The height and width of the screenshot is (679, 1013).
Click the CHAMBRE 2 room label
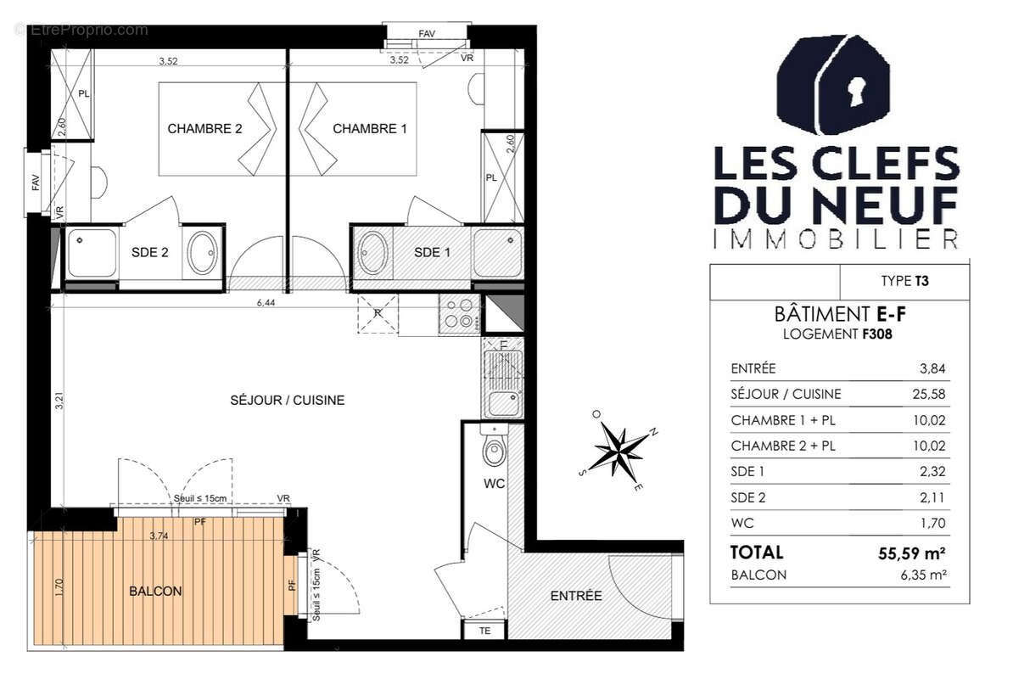coord(204,129)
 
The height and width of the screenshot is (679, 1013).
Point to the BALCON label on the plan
coord(155,592)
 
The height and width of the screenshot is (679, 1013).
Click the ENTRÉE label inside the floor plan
coord(576,596)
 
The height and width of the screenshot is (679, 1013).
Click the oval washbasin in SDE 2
coord(203,253)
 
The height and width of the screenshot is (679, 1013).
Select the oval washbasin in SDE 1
coord(372,253)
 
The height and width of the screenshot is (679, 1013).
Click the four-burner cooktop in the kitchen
coord(458,313)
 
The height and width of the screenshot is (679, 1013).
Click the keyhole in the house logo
coord(858,91)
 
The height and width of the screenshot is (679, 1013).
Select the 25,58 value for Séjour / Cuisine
coord(931,394)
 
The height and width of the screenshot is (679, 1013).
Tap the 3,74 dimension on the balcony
coord(158,536)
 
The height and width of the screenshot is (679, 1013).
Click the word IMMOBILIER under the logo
coord(836,239)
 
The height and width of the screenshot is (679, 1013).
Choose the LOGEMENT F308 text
coord(836,334)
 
